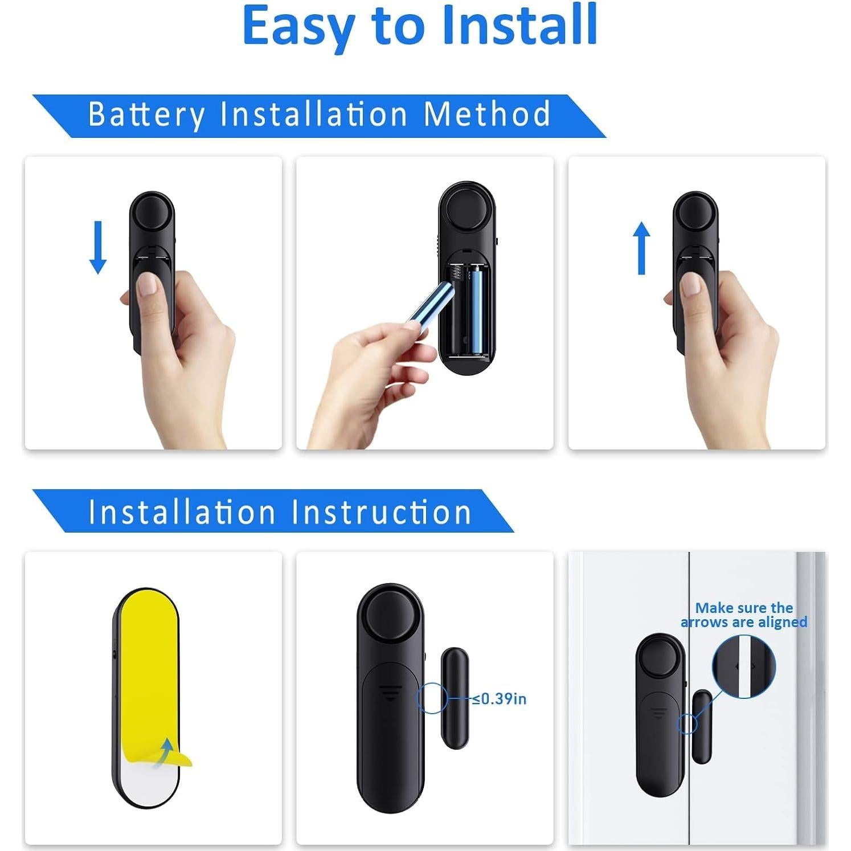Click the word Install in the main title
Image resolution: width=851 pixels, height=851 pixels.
(519, 25)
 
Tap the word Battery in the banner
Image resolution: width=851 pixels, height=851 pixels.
(146, 114)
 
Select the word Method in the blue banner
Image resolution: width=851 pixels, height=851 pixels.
(487, 114)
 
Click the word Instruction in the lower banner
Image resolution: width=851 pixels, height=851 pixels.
(382, 512)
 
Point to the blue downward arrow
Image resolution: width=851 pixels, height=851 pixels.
(98, 247)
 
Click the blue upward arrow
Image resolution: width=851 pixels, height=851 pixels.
(642, 248)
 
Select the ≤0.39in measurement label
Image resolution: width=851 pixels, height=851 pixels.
(500, 698)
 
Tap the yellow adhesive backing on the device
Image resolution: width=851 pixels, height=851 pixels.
(146, 672)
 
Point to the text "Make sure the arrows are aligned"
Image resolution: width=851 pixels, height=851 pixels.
(744, 615)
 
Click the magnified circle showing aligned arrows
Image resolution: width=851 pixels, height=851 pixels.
(744, 666)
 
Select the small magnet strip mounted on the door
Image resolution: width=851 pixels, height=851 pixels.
(702, 726)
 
